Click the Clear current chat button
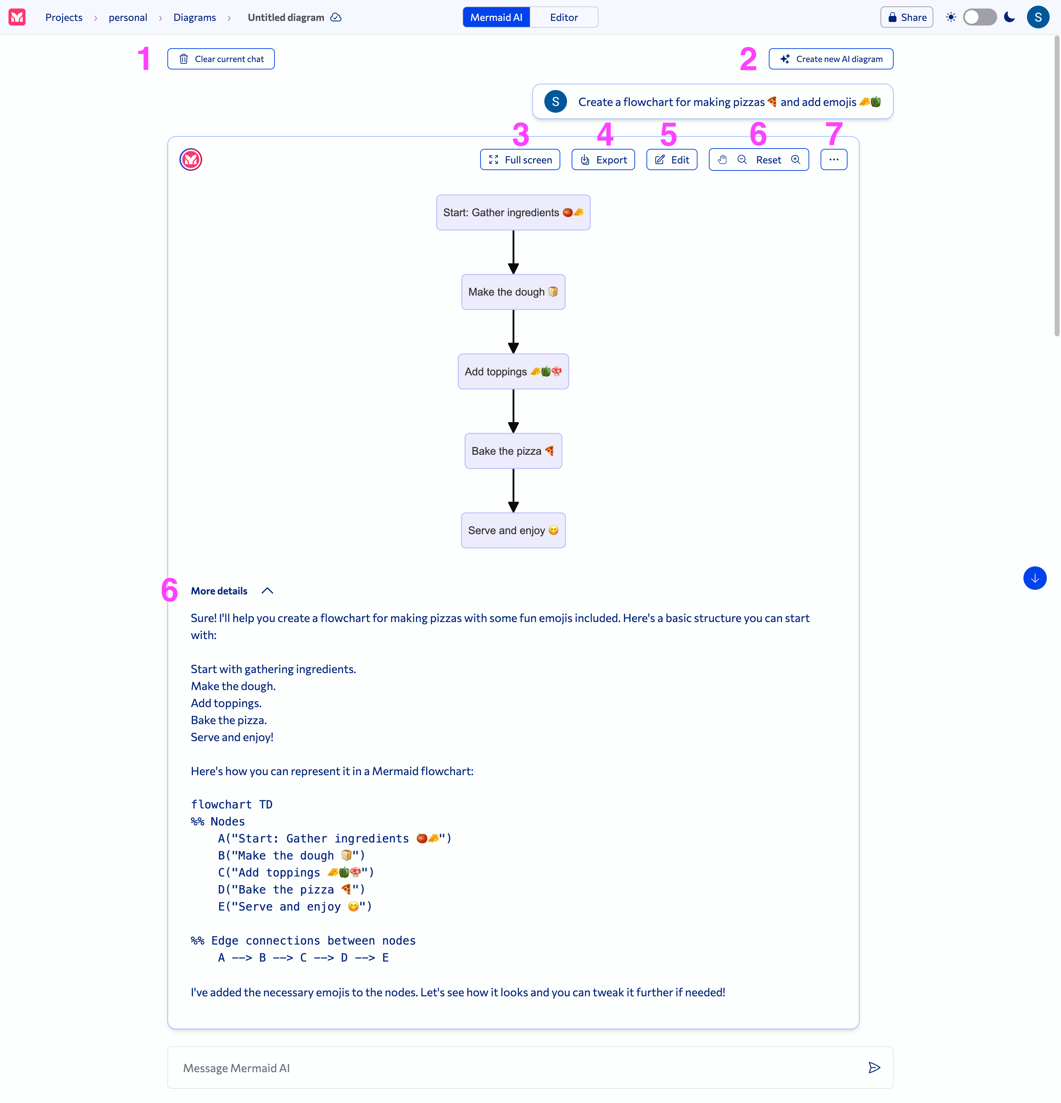[x=221, y=59]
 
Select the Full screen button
[x=520, y=160]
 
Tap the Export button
[x=603, y=160]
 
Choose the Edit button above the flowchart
[x=672, y=160]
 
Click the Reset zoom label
[x=768, y=160]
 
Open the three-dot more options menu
[x=833, y=160]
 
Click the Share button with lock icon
[x=907, y=17]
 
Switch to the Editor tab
[x=564, y=17]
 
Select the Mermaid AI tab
[x=496, y=17]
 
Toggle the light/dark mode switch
[x=980, y=17]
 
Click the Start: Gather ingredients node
[x=513, y=213]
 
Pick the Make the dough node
[x=513, y=292]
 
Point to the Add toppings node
[x=513, y=371]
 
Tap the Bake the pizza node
[x=513, y=451]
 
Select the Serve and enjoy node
[x=513, y=530]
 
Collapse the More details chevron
[x=267, y=590]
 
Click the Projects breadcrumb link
[x=63, y=17]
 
